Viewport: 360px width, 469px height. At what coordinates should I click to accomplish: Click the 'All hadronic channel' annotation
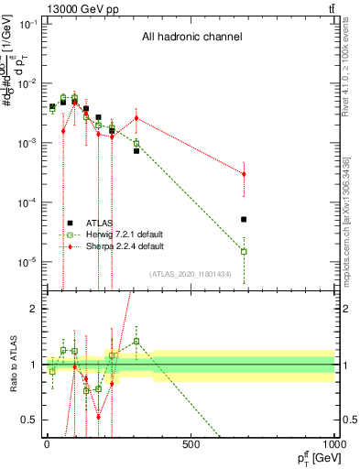point(191,38)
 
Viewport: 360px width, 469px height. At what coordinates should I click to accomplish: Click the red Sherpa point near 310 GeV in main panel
point(136,117)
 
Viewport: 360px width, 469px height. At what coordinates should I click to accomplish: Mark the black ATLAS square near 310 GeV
point(136,150)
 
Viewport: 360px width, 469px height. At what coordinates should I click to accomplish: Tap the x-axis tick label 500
point(191,444)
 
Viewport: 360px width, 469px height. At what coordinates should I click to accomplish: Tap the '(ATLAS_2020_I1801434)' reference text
point(190,274)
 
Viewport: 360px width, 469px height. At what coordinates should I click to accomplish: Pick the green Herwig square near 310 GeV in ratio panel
point(136,341)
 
